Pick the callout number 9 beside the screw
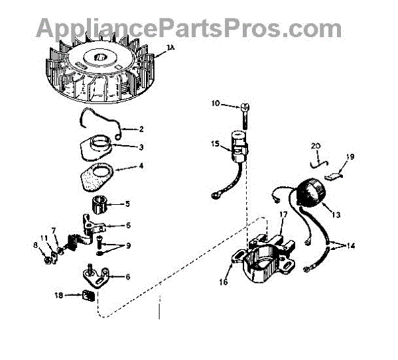click(128, 245)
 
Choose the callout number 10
click(215, 103)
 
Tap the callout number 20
click(315, 146)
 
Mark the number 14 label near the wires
click(350, 245)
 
